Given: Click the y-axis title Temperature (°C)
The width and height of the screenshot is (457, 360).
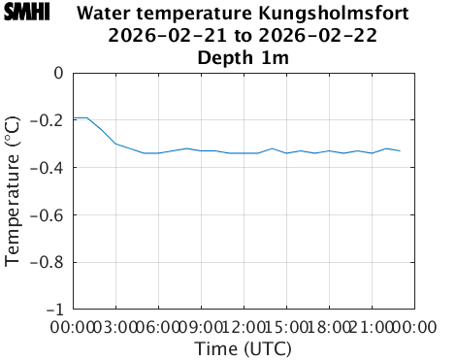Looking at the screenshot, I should [13, 190].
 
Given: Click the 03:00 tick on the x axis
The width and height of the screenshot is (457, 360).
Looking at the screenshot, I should [116, 327].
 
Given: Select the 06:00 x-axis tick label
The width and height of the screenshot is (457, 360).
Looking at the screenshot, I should [159, 327].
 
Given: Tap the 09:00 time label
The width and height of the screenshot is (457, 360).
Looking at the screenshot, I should [201, 327].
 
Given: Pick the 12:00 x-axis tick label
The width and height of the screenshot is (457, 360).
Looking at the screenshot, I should [244, 327].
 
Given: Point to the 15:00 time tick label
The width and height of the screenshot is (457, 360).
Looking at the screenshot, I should [286, 327].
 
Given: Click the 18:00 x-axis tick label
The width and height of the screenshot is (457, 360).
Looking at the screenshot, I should [329, 327].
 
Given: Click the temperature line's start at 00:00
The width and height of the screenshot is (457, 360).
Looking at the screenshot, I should [75, 117].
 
